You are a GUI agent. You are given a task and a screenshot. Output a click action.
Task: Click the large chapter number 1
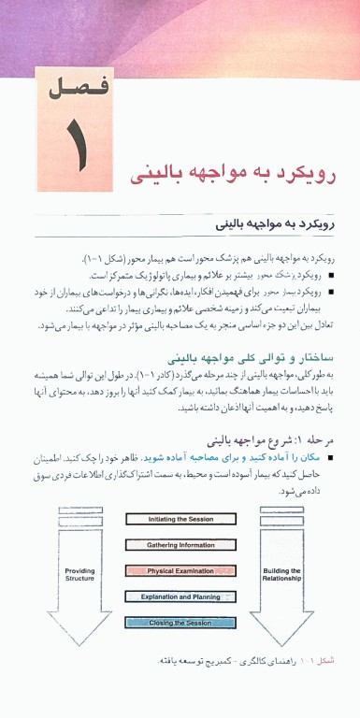pyautogui.click(x=74, y=146)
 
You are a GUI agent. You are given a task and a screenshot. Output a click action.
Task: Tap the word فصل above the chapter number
pyautogui.click(x=73, y=91)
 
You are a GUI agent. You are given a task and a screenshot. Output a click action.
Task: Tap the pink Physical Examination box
pyautogui.click(x=180, y=570)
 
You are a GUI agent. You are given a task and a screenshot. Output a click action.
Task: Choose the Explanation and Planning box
pyautogui.click(x=180, y=596)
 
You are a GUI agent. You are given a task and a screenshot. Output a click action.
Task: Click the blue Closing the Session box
pyautogui.click(x=180, y=623)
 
